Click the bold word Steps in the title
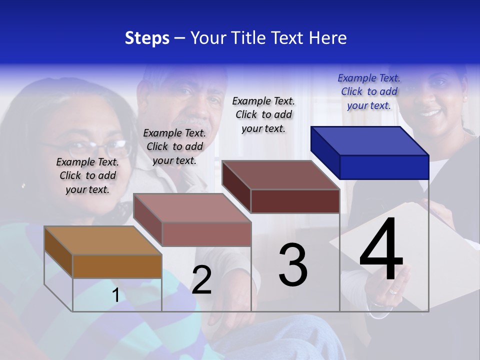pos(147,38)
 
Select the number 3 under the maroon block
pos(293,265)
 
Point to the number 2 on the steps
pos(201,280)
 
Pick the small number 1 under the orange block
pos(116,295)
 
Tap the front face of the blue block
pos(384,167)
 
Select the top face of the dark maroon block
pos(280,175)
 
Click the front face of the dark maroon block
pos(295,201)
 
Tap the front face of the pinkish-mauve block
pos(206,234)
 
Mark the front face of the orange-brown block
pos(117,266)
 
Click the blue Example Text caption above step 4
pos(369,91)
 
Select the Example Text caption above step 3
pos(263,114)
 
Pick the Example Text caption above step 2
pos(174,146)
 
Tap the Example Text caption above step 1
pos(87,175)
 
